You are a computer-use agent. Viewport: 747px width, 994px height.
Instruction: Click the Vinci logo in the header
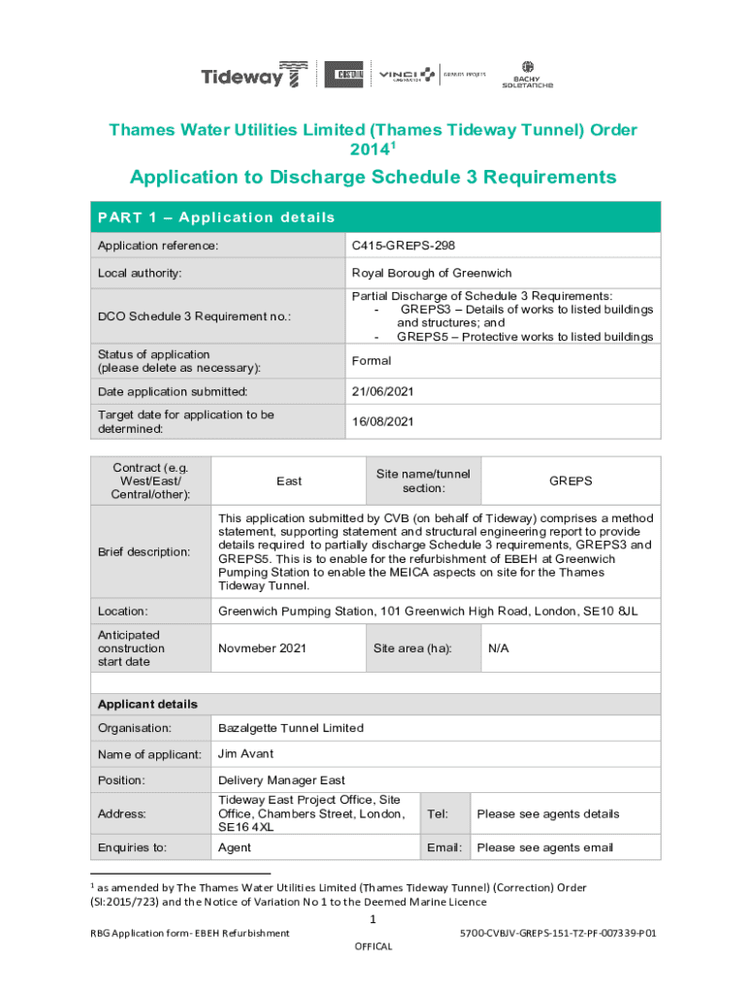(406, 75)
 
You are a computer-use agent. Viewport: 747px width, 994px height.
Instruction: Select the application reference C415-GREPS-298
(403, 247)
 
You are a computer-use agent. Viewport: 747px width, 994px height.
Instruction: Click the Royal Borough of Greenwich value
(431, 273)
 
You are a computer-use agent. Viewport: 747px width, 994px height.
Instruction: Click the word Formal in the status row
(372, 361)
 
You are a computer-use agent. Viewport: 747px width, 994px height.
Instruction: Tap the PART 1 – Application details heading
(215, 217)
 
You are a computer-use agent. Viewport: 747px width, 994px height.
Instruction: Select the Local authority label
(140, 273)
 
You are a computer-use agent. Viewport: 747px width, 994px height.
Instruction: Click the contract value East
(289, 481)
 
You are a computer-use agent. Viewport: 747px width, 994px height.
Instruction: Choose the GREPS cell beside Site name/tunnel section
(570, 481)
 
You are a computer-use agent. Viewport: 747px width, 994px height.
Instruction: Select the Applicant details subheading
(147, 704)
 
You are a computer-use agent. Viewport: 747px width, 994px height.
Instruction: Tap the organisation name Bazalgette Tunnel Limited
(291, 728)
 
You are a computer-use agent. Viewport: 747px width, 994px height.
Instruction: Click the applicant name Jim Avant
(245, 754)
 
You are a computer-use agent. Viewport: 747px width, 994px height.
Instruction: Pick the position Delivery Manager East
(281, 780)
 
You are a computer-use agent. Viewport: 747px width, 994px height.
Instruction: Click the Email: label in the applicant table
(443, 847)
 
